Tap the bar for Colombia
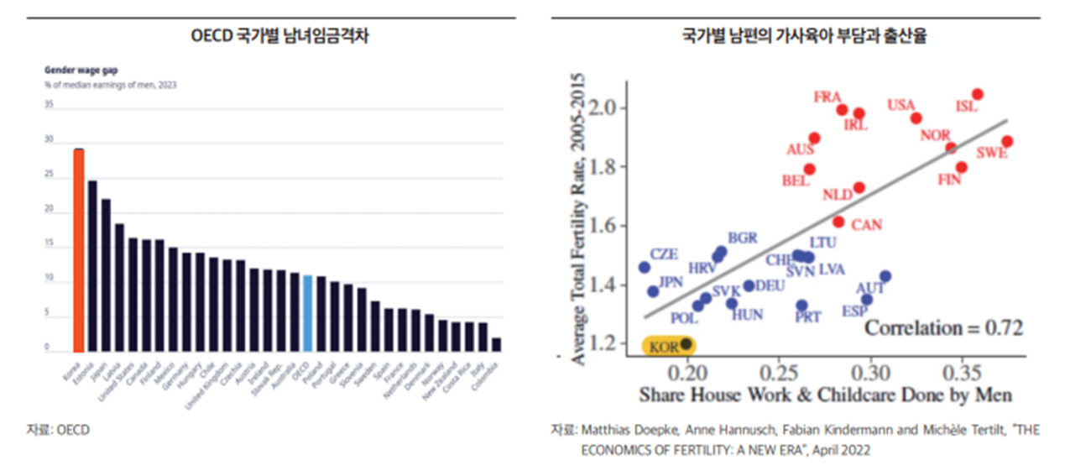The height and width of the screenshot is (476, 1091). coord(496,344)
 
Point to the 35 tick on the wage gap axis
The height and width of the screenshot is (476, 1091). coord(48,105)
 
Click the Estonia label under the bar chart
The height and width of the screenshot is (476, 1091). coord(84,373)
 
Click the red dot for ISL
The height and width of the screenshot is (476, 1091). coord(977,95)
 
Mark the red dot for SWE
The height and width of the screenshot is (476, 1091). coord(1007,142)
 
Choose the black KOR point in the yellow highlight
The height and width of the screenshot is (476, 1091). coord(686,343)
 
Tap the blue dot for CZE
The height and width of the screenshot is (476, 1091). coord(645,267)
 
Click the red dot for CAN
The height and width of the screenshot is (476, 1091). coord(838,222)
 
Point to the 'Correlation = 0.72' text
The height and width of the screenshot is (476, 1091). coord(943,327)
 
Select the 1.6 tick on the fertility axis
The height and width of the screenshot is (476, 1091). coord(604,226)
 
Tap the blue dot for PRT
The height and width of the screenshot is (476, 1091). coord(801,306)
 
